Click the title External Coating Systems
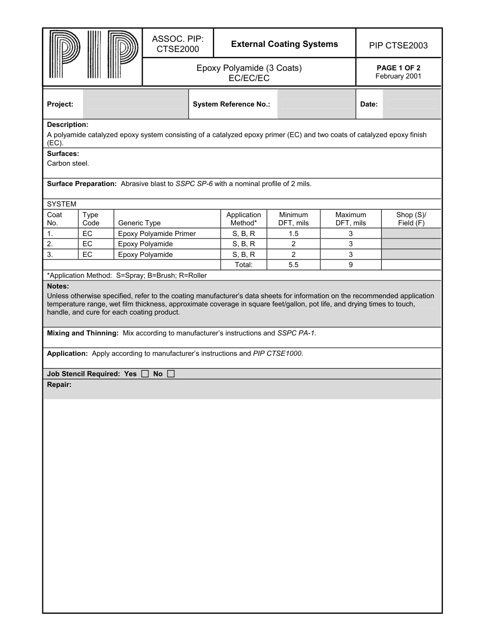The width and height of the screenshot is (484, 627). tap(284, 44)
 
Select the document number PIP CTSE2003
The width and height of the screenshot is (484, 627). tap(398, 46)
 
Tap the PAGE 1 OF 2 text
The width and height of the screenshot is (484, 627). tap(398, 68)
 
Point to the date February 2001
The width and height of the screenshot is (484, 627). tap(398, 76)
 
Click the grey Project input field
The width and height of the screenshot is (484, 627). tap(136, 104)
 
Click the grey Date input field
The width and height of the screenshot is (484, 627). tap(412, 104)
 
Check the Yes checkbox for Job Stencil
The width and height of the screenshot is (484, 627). tap(145, 374)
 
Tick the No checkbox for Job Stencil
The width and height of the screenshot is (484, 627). tap(171, 374)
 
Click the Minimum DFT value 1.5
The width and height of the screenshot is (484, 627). tap(293, 233)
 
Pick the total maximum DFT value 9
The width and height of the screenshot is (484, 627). tap(351, 265)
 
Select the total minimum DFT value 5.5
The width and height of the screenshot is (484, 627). tap(293, 265)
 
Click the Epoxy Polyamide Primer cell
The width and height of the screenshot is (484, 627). tap(157, 233)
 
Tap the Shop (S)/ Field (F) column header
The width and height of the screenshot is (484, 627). tap(411, 219)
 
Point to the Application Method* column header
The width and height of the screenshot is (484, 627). tap(244, 219)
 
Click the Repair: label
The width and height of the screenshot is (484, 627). tap(59, 385)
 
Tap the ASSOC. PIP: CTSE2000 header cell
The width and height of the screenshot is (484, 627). tap(178, 44)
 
